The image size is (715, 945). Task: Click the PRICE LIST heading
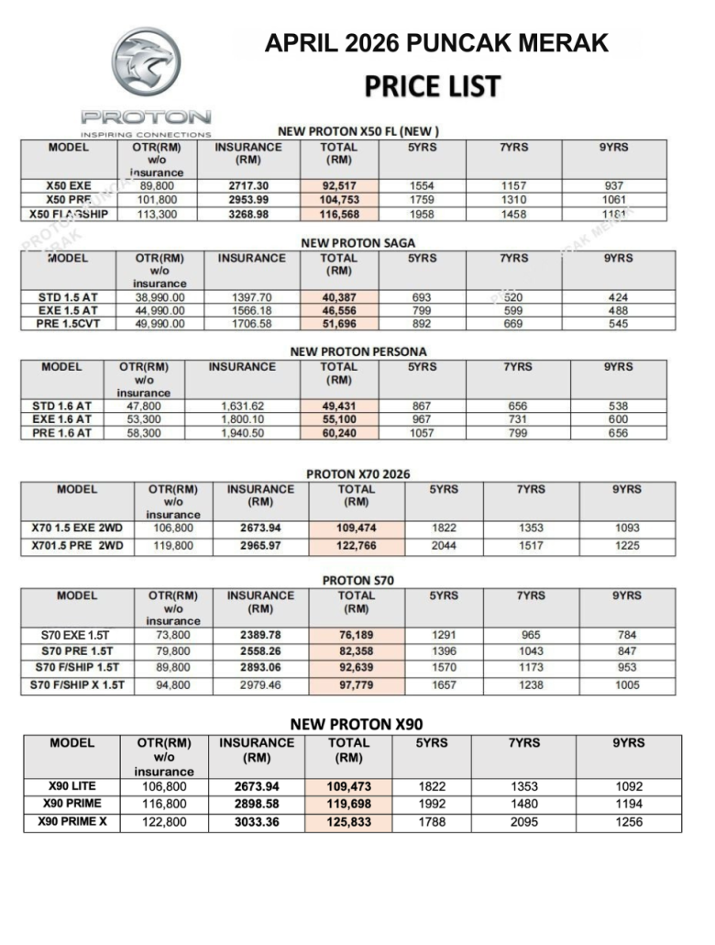[x=432, y=86]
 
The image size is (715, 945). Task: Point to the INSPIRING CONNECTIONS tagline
[x=146, y=134]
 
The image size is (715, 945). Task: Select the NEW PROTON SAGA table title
[x=358, y=243]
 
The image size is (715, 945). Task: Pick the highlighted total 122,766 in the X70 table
[x=356, y=547]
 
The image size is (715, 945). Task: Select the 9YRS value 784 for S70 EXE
[x=626, y=635]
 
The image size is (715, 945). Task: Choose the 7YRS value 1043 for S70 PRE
[x=530, y=651]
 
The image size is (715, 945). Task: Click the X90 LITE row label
[x=71, y=786]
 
